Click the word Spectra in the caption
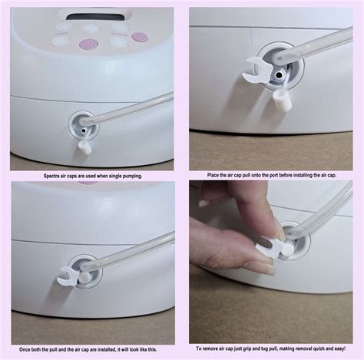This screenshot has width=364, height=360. [51, 176]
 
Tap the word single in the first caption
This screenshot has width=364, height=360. [116, 176]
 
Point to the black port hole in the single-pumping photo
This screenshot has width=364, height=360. [83, 130]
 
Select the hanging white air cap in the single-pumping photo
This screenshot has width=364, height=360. [84, 147]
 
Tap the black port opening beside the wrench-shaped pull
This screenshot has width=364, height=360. [280, 75]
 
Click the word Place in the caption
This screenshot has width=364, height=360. [212, 175]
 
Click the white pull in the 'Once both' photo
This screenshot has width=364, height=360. [68, 276]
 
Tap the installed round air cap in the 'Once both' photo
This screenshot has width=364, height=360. [84, 277]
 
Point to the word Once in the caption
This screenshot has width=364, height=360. [25, 349]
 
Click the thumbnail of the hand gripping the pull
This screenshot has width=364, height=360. [271, 262]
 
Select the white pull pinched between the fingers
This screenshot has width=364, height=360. [269, 248]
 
